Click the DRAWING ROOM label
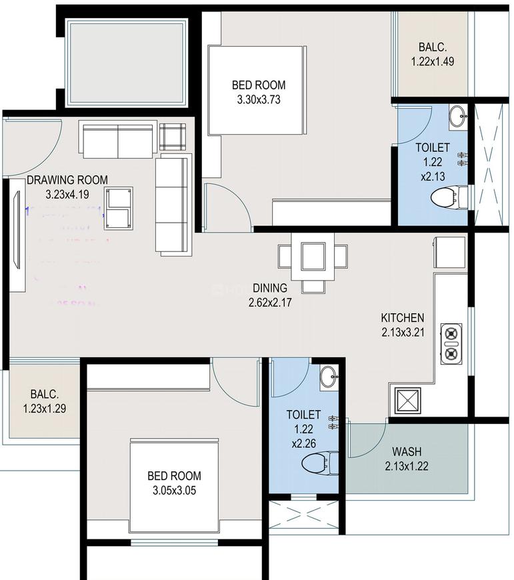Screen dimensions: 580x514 [x=67, y=180]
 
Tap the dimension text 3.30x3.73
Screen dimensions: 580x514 [x=259, y=99]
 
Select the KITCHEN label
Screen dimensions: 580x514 [x=402, y=317]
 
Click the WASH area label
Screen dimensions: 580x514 [x=406, y=451]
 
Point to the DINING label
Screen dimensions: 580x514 [x=269, y=288]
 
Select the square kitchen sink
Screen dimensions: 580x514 [x=406, y=401]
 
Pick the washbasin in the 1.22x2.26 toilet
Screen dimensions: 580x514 [x=328, y=377]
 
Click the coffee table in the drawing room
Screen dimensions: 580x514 [x=119, y=208]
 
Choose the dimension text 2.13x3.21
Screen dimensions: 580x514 [x=402, y=331]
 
